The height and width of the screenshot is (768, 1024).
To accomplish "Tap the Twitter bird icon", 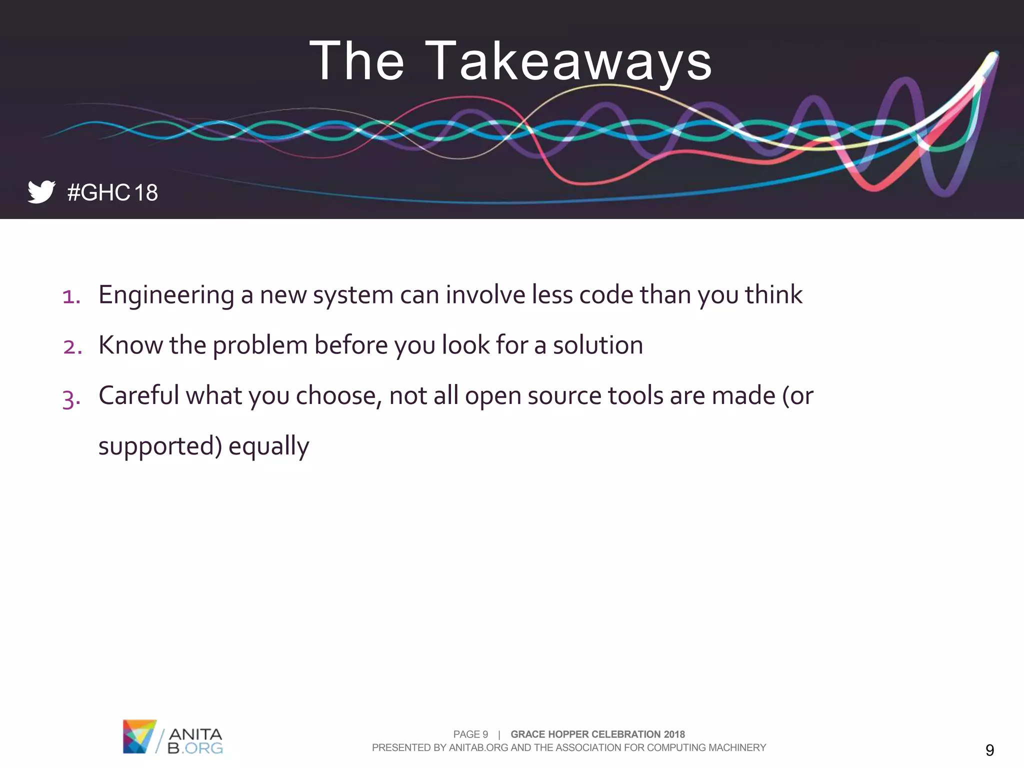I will click(41, 191).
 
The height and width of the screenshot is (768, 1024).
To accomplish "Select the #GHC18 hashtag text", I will click(112, 192).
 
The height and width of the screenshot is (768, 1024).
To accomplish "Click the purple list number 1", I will click(71, 296).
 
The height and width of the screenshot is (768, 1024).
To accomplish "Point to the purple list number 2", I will click(72, 346).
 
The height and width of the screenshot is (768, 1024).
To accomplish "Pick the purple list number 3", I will click(71, 398).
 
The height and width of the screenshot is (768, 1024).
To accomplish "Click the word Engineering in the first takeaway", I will click(166, 295).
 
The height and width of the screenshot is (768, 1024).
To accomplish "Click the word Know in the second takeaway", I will click(130, 345).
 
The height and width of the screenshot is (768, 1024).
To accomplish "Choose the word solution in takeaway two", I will click(597, 345).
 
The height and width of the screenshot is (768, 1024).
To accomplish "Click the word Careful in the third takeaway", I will click(138, 395).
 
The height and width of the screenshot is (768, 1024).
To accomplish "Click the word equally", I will click(268, 446).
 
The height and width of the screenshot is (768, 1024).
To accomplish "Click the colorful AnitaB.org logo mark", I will click(139, 736).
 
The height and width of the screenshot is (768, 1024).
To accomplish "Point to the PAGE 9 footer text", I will click(470, 734).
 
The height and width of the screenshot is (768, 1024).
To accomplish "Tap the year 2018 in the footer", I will click(674, 734).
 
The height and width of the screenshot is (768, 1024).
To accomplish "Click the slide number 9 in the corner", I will click(989, 750).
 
